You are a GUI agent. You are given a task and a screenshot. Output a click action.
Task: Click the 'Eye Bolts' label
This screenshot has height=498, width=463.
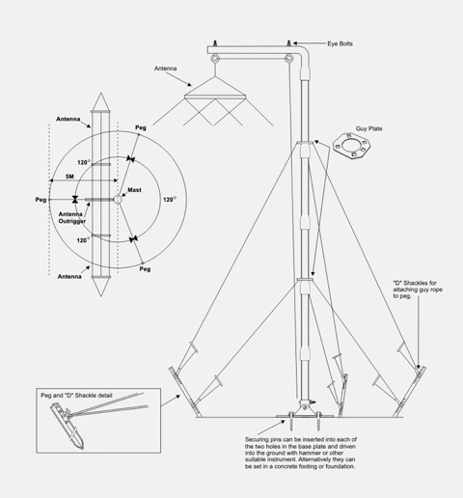(x=340, y=43)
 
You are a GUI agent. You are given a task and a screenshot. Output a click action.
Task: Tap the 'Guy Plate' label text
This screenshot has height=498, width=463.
(x=368, y=128)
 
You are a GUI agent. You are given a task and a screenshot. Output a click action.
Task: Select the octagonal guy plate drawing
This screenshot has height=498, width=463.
(x=351, y=146)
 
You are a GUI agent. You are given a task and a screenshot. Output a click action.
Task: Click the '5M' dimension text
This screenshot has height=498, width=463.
(x=69, y=177)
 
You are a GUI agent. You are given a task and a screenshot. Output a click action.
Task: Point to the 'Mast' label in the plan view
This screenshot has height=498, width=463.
(x=134, y=190)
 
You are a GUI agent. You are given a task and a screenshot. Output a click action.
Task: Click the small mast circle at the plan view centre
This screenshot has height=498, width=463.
(x=118, y=200)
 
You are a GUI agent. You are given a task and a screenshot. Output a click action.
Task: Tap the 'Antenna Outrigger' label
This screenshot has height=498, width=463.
(x=72, y=217)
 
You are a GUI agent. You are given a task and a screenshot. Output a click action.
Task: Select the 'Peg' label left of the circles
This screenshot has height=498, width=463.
(x=41, y=200)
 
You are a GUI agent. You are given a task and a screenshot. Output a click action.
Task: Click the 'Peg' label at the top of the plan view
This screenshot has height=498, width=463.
(x=141, y=127)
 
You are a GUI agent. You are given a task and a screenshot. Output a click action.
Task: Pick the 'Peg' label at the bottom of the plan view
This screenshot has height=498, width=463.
(x=145, y=269)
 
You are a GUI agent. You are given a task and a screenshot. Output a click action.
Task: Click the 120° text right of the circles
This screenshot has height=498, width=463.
(x=170, y=200)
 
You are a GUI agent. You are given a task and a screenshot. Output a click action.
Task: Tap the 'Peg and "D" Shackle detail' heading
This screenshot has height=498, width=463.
(x=76, y=396)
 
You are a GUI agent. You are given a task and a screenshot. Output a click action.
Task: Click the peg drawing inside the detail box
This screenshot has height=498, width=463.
(x=68, y=427)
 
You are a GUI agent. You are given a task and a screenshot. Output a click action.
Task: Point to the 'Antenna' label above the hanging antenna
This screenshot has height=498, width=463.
(x=165, y=69)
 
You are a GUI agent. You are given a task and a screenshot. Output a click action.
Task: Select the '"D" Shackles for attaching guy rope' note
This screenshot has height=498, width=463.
(x=418, y=290)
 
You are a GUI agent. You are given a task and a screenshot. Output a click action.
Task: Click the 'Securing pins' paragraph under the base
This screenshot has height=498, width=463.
(x=301, y=453)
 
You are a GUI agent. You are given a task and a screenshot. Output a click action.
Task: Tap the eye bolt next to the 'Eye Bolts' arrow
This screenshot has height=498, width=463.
(x=288, y=43)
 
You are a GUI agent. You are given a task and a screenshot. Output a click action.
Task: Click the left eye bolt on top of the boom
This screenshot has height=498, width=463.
(x=215, y=43)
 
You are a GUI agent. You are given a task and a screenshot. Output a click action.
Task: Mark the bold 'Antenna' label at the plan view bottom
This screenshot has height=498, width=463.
(x=69, y=277)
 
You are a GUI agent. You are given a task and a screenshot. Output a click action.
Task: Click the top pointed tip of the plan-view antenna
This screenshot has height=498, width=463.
(x=101, y=94)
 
